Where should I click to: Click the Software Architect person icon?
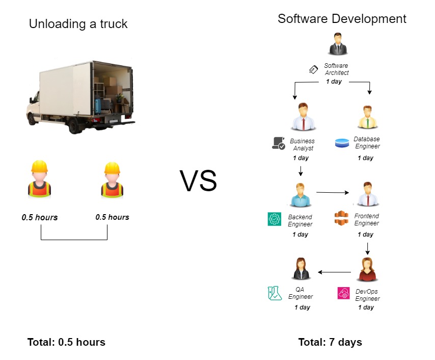point(338,44)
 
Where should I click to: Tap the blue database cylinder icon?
point(342,143)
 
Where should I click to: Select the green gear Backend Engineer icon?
point(275,219)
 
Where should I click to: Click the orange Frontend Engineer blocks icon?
point(341,218)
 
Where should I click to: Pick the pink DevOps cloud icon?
point(344,293)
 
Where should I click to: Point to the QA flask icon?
point(275,293)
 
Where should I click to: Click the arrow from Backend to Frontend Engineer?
point(333,192)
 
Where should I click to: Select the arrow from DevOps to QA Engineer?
point(334,272)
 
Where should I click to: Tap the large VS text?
point(198,181)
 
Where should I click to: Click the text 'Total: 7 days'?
point(330,342)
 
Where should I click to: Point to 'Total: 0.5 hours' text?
point(66,342)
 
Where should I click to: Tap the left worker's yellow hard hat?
point(39,167)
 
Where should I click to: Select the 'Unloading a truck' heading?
point(78,24)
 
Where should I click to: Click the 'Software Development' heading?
point(342,19)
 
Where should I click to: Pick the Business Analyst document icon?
point(279,143)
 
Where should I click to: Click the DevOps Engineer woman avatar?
point(368,269)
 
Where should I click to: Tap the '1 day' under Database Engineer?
point(365,158)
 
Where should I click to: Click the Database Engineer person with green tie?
point(368,117)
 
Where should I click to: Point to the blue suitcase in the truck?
point(98,107)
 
